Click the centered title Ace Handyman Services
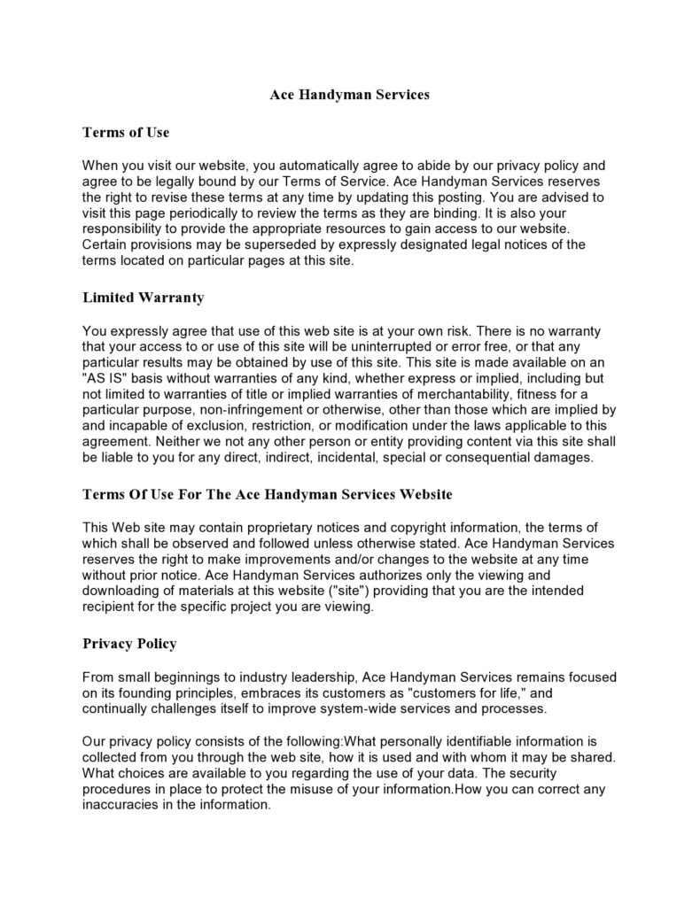tap(349, 95)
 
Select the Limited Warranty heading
tap(143, 298)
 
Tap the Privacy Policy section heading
tap(129, 643)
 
